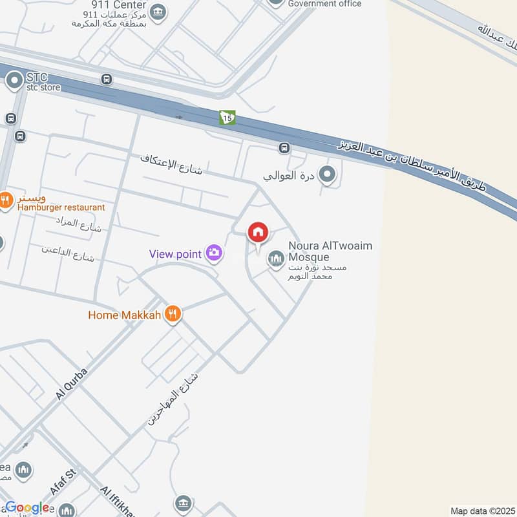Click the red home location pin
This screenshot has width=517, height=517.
pos(258,233)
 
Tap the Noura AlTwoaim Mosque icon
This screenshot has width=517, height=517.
pos(276,258)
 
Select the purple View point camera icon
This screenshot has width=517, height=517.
pos(215,253)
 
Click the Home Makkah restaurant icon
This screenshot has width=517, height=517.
pos(172,315)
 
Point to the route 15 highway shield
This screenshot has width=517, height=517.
pos(227,117)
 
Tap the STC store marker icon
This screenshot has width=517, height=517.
pos(14,81)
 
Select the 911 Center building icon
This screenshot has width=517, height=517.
pos(158,11)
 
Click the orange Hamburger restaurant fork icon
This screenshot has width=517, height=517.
pos(5,200)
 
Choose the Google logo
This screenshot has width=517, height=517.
pos(27,508)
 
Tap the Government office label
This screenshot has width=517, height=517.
pos(324,4)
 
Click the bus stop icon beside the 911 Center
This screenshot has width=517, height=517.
pos(107,79)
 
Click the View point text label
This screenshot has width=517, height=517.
pos(176,254)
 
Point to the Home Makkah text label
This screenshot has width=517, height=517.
pos(125,315)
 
